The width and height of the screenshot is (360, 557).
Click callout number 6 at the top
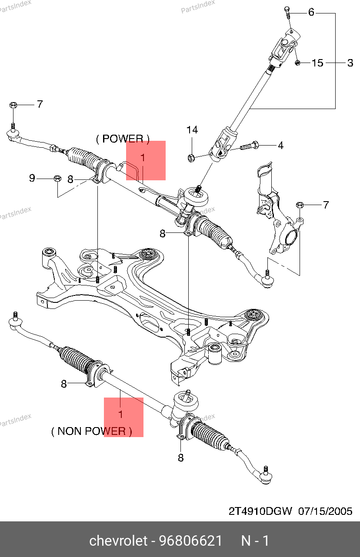point(311,12)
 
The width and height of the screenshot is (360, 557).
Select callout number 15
point(318,63)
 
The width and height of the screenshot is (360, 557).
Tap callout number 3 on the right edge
point(350,63)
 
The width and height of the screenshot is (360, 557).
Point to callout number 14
point(192,129)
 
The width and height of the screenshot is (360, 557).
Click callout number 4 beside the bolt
point(280,146)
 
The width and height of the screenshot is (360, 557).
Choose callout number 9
point(32,178)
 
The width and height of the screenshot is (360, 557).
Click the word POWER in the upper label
point(123,139)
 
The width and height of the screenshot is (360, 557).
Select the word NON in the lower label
point(70,431)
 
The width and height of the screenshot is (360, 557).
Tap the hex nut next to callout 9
point(57,178)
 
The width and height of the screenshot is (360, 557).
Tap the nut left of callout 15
point(298,63)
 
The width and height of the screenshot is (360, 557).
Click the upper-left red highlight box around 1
point(146,160)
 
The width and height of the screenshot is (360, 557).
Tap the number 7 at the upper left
point(40,104)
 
